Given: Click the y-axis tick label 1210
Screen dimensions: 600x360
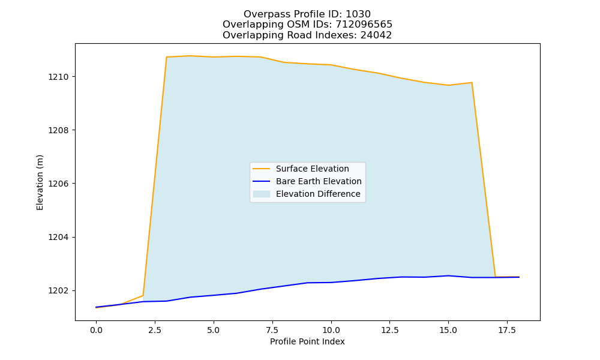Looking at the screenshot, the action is (x=58, y=77).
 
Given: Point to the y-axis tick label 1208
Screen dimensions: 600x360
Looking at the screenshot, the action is (x=58, y=130).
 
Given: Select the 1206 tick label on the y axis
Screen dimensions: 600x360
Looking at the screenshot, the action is (x=58, y=184).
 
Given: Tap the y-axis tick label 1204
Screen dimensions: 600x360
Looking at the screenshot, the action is (x=58, y=237).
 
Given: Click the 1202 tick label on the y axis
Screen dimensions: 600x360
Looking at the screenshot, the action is (x=58, y=291).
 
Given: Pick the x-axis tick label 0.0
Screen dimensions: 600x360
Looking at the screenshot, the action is (x=96, y=331).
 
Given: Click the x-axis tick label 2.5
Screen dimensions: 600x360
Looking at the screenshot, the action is (x=155, y=331).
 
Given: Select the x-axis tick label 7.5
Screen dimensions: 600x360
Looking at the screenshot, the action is (x=272, y=331).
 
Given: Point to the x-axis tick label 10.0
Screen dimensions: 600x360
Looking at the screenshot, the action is (x=331, y=331).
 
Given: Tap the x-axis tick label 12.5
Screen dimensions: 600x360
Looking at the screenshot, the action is (x=389, y=331).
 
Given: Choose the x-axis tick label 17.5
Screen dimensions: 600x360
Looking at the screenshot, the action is (x=507, y=331).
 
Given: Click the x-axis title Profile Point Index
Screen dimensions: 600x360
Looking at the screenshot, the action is (x=307, y=341).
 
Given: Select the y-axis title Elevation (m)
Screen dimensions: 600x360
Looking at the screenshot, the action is (x=40, y=182).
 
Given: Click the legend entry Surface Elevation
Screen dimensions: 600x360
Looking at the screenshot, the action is (x=312, y=169).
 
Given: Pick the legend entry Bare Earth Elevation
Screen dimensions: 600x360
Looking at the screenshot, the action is (x=319, y=181).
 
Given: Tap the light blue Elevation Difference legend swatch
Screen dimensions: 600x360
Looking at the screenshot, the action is (x=262, y=194).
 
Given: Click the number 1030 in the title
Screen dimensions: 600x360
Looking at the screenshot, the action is (x=358, y=14).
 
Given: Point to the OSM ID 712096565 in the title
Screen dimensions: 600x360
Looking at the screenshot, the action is (x=364, y=25).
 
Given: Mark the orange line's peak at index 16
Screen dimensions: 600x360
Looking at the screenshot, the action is (x=472, y=83).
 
